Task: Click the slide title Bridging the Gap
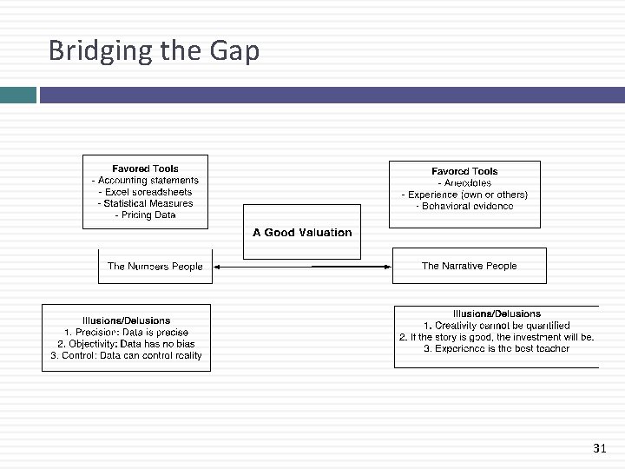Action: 154,51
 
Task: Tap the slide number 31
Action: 599,448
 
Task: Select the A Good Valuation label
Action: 302,233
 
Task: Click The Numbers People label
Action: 155,267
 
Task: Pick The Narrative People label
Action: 469,266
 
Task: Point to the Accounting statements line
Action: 145,181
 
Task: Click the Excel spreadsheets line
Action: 145,192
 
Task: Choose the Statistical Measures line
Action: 145,203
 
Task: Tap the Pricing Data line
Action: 145,215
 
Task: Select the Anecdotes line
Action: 464,183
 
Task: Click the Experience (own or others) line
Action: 464,195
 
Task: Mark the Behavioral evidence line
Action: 464,206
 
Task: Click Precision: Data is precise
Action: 126,333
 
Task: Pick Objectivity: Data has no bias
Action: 126,344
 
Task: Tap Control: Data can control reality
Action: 126,355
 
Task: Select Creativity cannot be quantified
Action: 497,326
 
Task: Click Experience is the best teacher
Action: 497,348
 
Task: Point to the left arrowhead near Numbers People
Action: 217,267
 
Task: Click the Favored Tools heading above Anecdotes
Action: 464,171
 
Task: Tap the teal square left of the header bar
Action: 18,95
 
